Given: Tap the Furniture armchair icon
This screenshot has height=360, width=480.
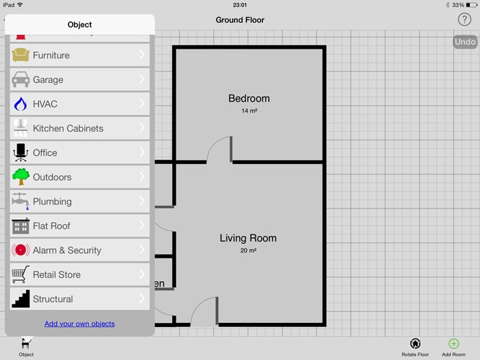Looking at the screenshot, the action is point(21,55).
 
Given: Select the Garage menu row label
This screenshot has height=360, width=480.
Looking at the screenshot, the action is point(48,80).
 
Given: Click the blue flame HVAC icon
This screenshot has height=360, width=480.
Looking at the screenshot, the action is point(21,104).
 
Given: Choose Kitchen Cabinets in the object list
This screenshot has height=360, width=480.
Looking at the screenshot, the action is point(68,128).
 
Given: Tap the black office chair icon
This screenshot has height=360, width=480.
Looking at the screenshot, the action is point(21,152).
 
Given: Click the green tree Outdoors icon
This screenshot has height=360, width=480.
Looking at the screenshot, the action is point(21,177).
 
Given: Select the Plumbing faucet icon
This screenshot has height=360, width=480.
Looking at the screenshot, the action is point(21,201).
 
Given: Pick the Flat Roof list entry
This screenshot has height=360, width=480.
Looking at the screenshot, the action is point(51,226).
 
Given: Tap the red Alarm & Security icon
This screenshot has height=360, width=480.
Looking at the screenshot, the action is point(21,250).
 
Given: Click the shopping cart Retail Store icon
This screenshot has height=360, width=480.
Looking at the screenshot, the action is point(21,274).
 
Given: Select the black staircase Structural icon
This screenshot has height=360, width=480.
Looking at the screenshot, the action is point(21,299).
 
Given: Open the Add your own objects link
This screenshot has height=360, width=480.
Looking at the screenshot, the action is point(80,324).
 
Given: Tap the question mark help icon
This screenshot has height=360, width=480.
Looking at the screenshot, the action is point(464,20).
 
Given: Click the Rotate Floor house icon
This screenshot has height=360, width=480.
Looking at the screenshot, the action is point(415,344).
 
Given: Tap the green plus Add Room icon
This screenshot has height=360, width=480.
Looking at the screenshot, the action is point(453,344).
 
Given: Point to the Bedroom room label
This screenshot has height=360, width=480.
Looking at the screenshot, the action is point(249,98).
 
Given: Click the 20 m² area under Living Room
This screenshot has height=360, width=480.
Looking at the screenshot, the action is point(248,250).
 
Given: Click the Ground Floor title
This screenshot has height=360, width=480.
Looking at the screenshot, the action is point(240,20).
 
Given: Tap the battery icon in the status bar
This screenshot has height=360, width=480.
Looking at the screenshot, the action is point(472,5).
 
